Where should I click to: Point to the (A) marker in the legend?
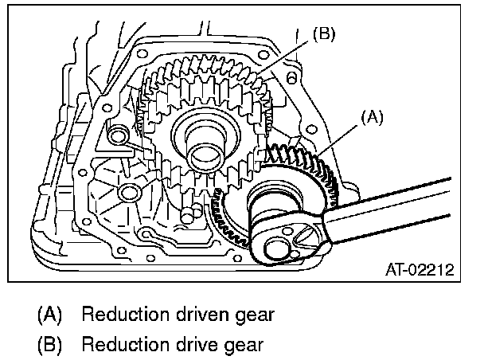click(x=50, y=315)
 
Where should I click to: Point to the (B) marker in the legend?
click(x=50, y=346)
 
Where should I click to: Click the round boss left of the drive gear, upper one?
click(x=119, y=135)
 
